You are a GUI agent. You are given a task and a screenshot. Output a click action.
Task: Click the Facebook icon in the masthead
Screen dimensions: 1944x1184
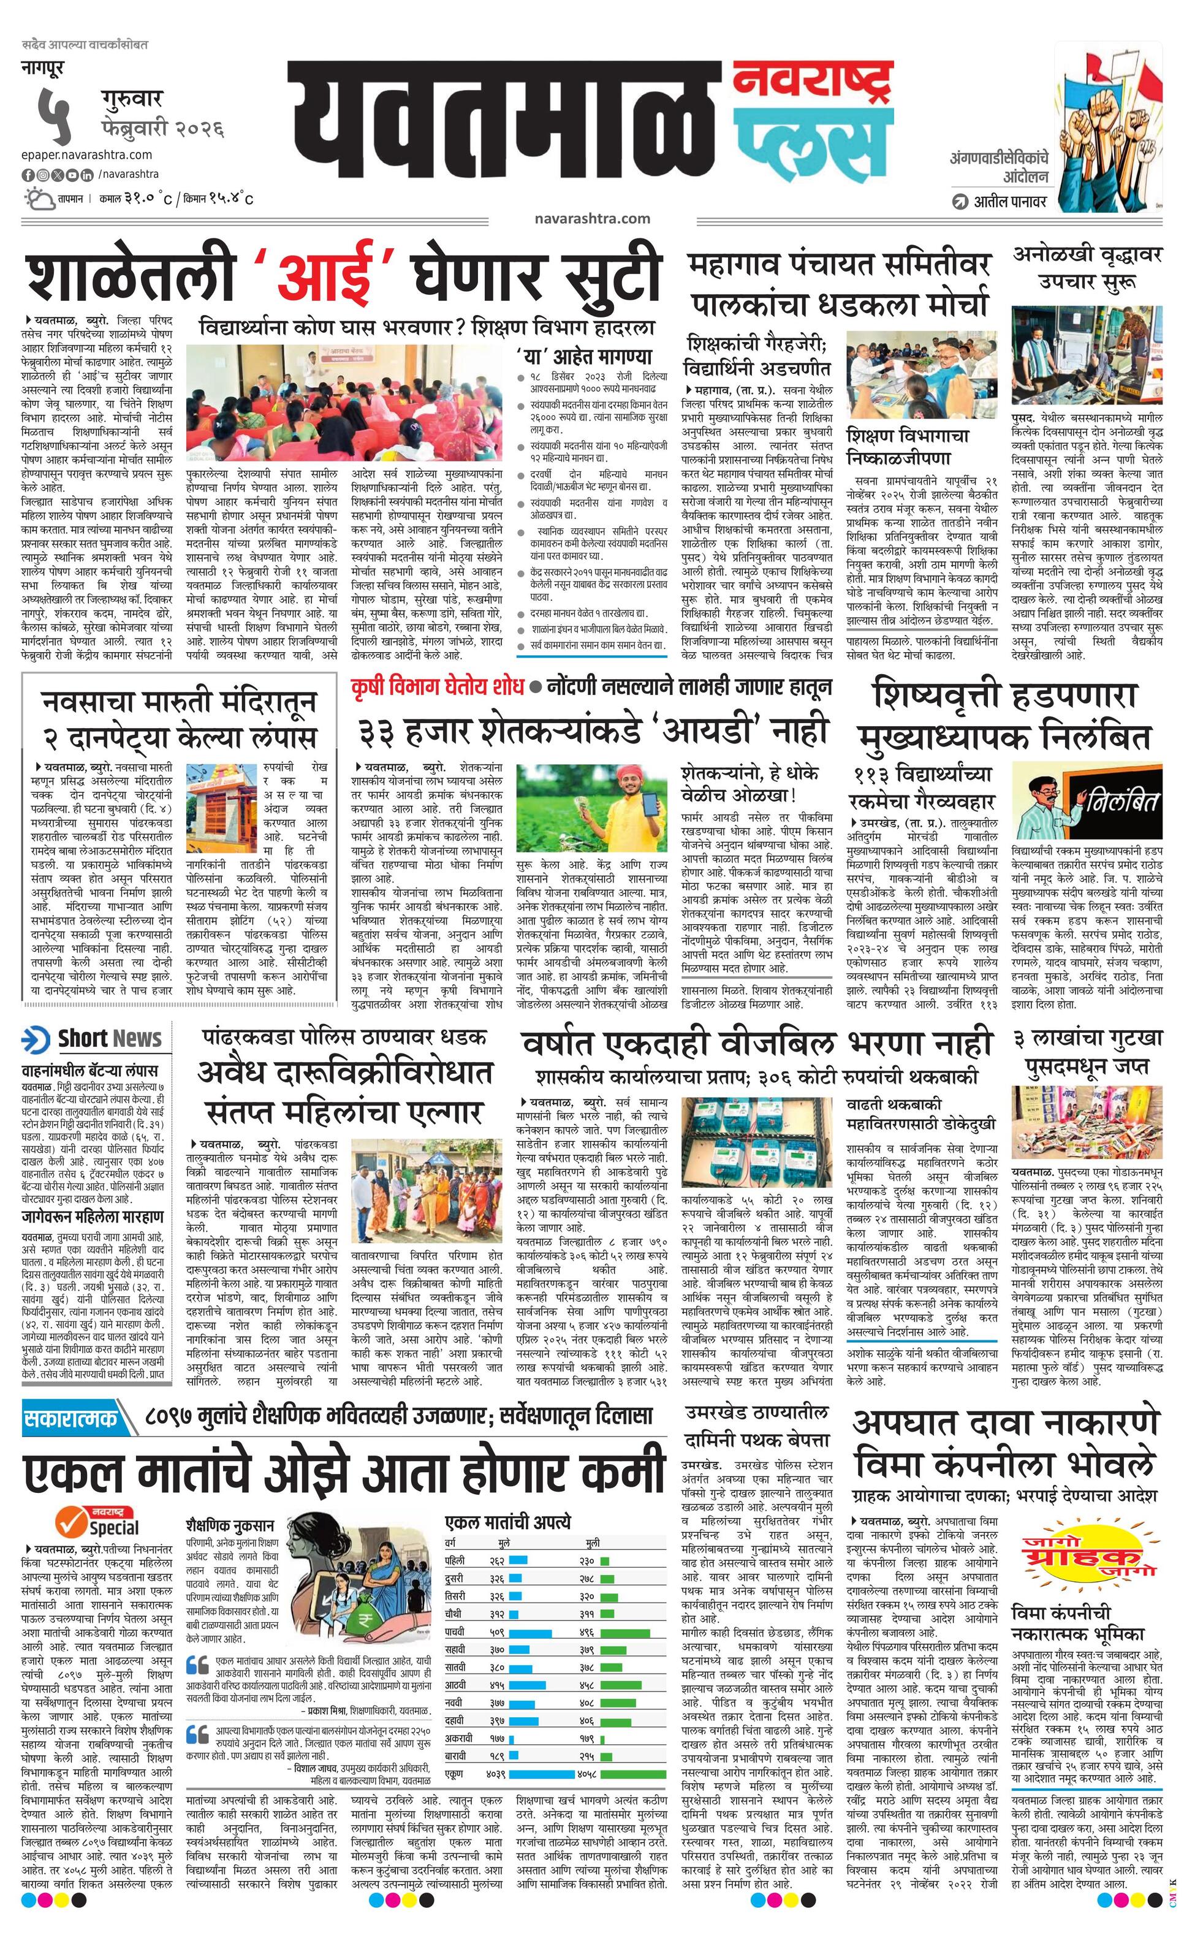pos(28,175)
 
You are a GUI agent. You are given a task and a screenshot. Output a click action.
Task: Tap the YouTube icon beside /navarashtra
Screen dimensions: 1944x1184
pos(72,175)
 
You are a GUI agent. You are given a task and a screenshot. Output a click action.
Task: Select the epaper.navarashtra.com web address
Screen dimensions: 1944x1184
pos(87,154)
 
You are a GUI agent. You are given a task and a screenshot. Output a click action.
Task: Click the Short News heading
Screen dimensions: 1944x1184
pos(109,1039)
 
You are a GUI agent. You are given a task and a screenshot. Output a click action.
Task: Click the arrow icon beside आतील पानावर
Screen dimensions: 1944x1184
pos(959,201)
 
